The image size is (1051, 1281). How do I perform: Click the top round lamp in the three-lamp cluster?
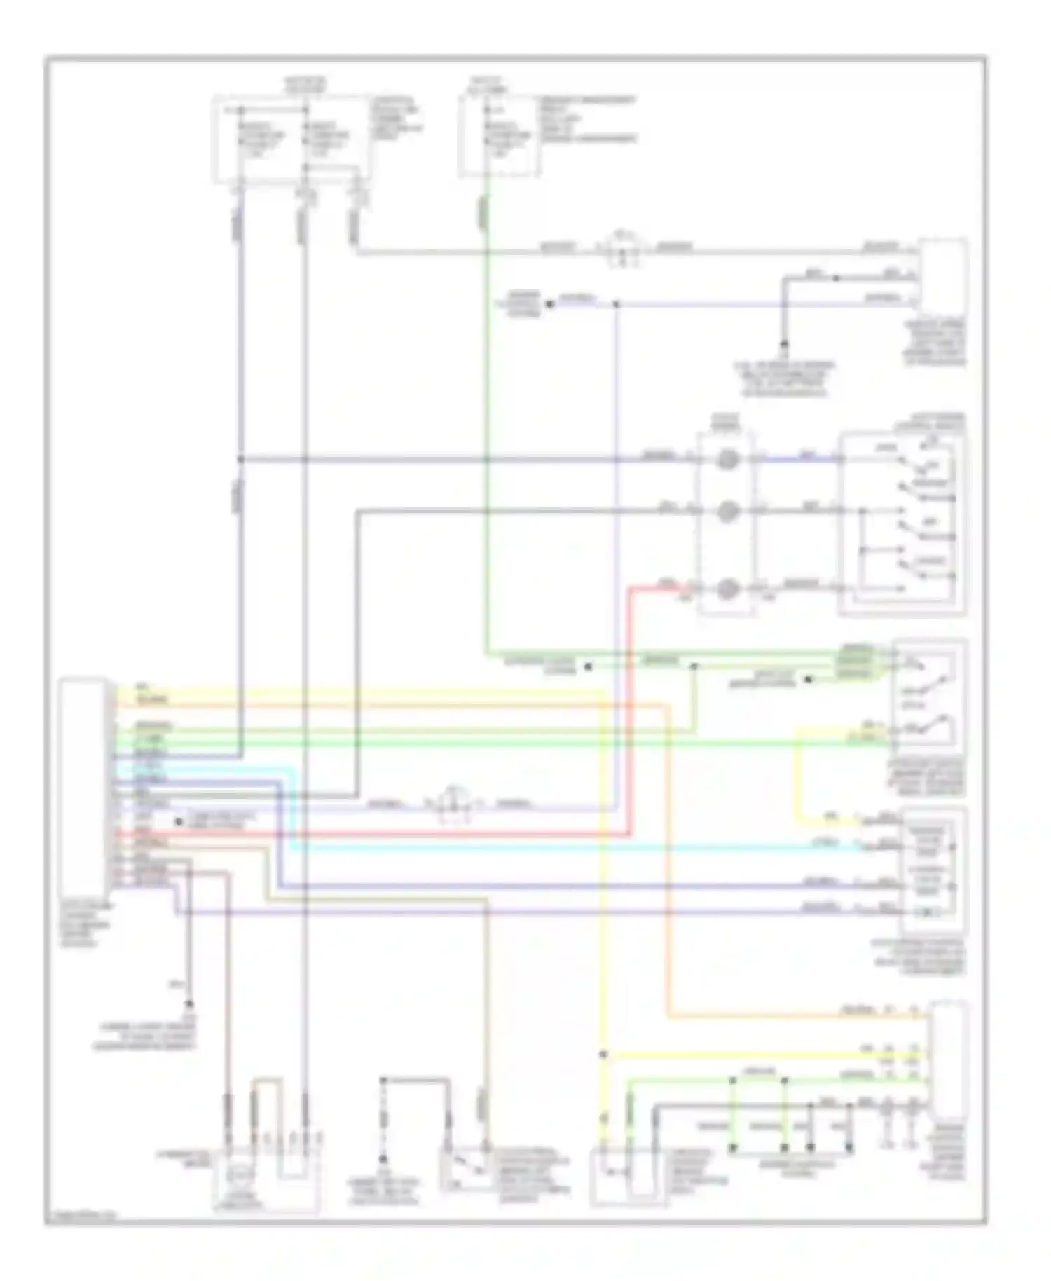[x=727, y=460]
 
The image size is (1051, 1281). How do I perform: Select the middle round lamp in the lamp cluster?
[x=727, y=512]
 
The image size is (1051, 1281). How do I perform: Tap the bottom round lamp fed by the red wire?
[x=727, y=589]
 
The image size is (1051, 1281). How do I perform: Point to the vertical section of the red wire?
[x=630, y=708]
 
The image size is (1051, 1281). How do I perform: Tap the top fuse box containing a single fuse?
[x=499, y=136]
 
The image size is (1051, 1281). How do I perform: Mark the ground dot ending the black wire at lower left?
[x=188, y=1004]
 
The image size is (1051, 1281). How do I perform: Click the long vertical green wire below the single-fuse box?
[x=486, y=420]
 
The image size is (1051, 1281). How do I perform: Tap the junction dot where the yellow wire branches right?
[x=603, y=1055]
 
